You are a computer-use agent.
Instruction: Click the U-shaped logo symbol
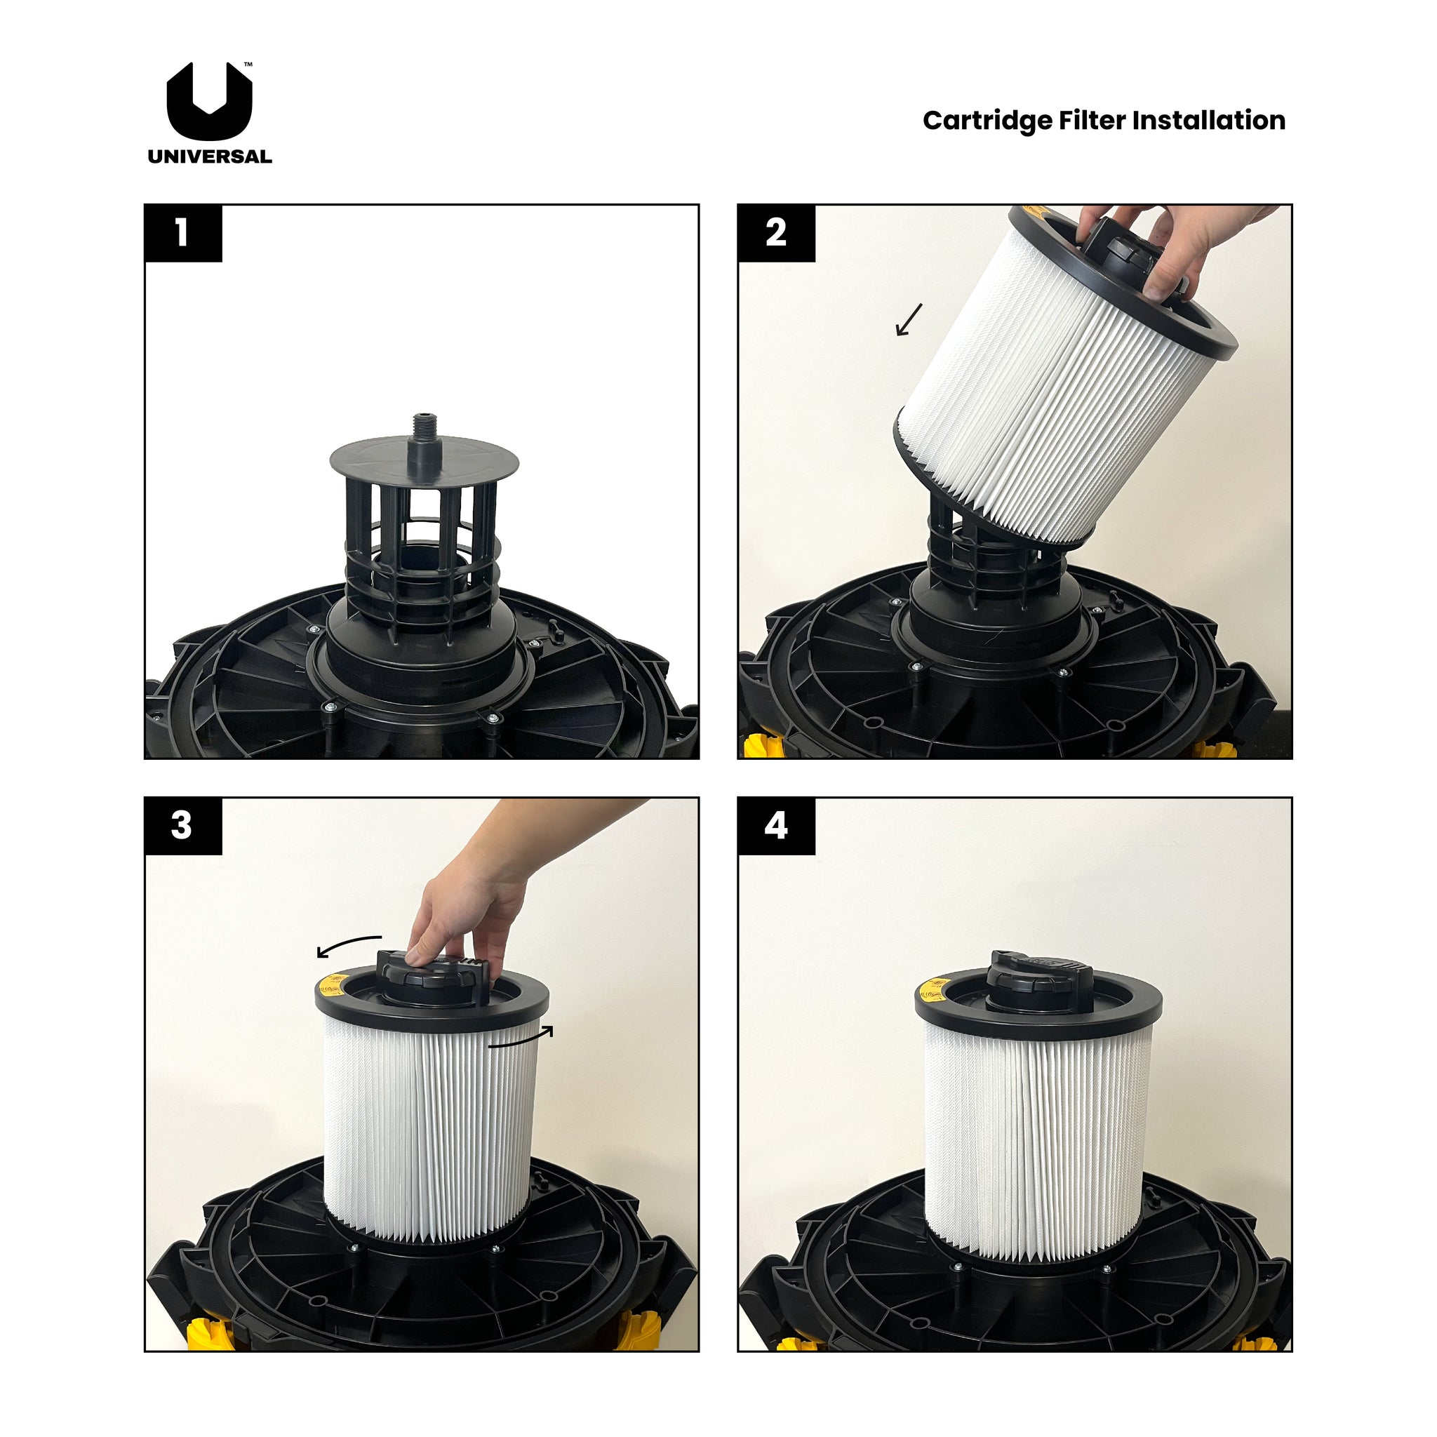tap(209, 104)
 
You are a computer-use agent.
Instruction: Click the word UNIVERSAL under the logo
tap(209, 157)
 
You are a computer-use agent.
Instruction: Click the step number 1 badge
tap(183, 233)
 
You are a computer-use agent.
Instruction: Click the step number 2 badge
tap(776, 233)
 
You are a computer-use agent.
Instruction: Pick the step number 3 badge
tap(183, 826)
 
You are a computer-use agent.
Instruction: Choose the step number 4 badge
tap(776, 826)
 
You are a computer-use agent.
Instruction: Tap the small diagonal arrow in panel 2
tap(908, 320)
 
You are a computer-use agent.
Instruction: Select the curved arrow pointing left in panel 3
tap(348, 945)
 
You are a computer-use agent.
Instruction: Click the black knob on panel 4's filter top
tap(1040, 982)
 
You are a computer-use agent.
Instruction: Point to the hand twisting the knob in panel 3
tap(469, 907)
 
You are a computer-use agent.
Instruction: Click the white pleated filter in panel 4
tap(1038, 1138)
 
